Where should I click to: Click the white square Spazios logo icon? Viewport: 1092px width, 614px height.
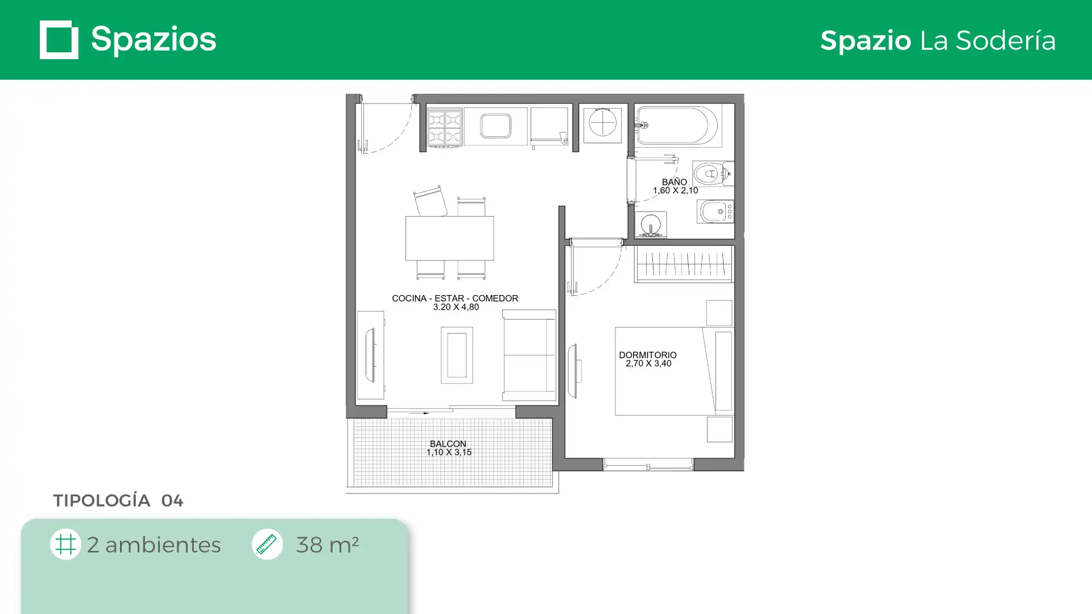tap(59, 40)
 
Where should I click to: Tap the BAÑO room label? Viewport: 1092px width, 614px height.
tap(675, 182)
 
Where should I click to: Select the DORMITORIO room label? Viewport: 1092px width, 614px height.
tap(648, 355)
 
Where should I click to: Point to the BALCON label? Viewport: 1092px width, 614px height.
tap(448, 443)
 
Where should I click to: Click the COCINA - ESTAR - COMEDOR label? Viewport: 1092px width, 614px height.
tap(455, 298)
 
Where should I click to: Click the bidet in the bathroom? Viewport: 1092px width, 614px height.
tap(715, 211)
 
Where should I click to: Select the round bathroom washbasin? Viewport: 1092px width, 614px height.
tap(651, 224)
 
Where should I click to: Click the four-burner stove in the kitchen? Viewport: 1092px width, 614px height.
tap(445, 128)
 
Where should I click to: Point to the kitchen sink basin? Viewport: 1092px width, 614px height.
tap(495, 126)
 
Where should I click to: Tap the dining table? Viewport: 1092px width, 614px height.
tap(450, 238)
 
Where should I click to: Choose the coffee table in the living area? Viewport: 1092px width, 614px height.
tap(457, 355)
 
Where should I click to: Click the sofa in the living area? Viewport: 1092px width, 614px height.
tap(529, 355)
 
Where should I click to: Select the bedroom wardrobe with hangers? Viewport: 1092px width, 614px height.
tap(684, 264)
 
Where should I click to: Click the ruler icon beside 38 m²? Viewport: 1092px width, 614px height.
tap(267, 544)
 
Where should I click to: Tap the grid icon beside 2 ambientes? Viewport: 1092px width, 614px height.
tap(65, 544)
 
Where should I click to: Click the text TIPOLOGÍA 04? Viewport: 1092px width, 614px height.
tap(118, 500)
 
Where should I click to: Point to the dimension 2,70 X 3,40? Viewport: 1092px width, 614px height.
tap(648, 363)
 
